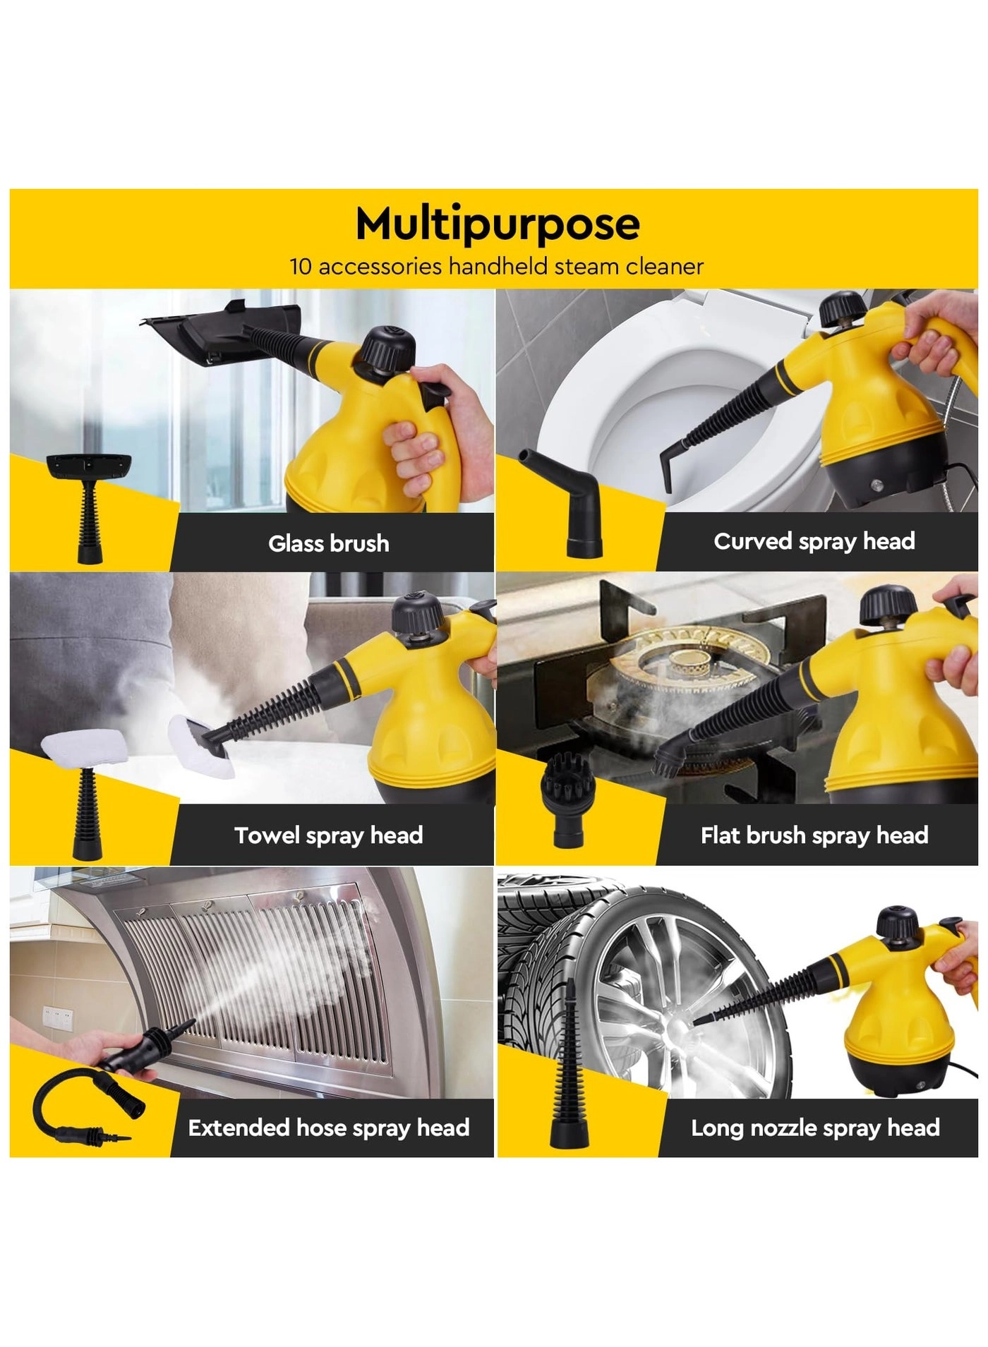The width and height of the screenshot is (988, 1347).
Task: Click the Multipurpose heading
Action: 498,224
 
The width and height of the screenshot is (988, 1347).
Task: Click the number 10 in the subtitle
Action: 301,267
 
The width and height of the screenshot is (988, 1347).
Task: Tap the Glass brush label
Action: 329,543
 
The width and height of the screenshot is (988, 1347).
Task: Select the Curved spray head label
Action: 814,541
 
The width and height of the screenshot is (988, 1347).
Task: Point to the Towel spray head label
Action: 329,835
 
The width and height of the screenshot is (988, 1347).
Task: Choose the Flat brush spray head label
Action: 814,835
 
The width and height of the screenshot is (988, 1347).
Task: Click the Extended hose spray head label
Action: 329,1128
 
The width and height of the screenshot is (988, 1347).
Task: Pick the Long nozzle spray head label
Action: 815,1128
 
